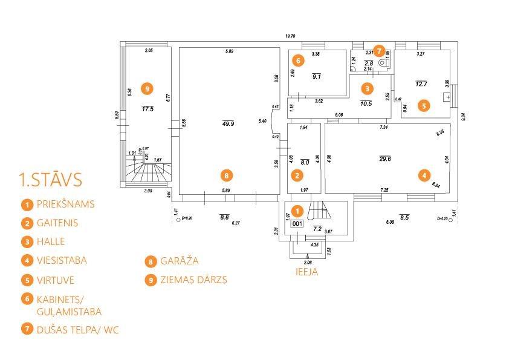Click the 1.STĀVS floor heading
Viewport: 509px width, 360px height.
coord(50,180)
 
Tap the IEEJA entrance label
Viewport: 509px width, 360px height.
coord(306,272)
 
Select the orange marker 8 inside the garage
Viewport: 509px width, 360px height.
coord(225,175)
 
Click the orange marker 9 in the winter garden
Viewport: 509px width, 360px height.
coord(146,88)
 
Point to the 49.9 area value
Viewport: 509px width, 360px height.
coord(228,123)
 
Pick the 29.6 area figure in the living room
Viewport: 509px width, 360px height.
coord(384,159)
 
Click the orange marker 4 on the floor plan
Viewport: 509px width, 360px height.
coord(424,175)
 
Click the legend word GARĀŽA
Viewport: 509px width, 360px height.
coord(179,261)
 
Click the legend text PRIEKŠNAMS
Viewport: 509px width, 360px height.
coord(65,204)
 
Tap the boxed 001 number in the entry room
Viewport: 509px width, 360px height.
coord(297,223)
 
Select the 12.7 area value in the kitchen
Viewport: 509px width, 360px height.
coord(421,83)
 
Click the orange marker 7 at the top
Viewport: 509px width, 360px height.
coord(378,50)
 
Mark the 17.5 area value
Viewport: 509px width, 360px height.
coord(148,109)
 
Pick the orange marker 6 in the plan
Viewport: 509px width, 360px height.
coord(297,60)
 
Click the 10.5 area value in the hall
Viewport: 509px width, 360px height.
coord(366,103)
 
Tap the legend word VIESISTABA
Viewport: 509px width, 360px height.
coord(62,261)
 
